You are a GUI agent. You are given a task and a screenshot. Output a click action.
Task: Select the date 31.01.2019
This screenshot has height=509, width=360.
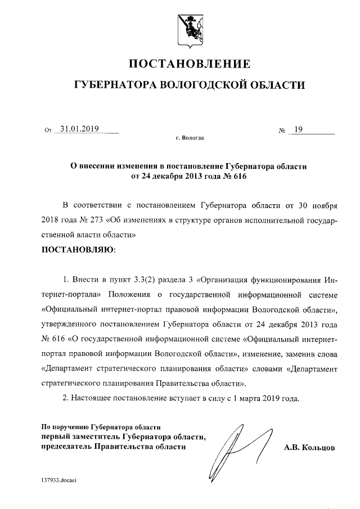point(80,129)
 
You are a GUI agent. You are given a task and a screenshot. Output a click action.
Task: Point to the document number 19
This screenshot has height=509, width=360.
point(298,129)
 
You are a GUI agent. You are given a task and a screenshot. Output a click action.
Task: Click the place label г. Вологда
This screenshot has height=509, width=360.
point(190,138)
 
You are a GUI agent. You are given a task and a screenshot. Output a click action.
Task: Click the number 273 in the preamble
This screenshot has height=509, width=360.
point(96,219)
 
